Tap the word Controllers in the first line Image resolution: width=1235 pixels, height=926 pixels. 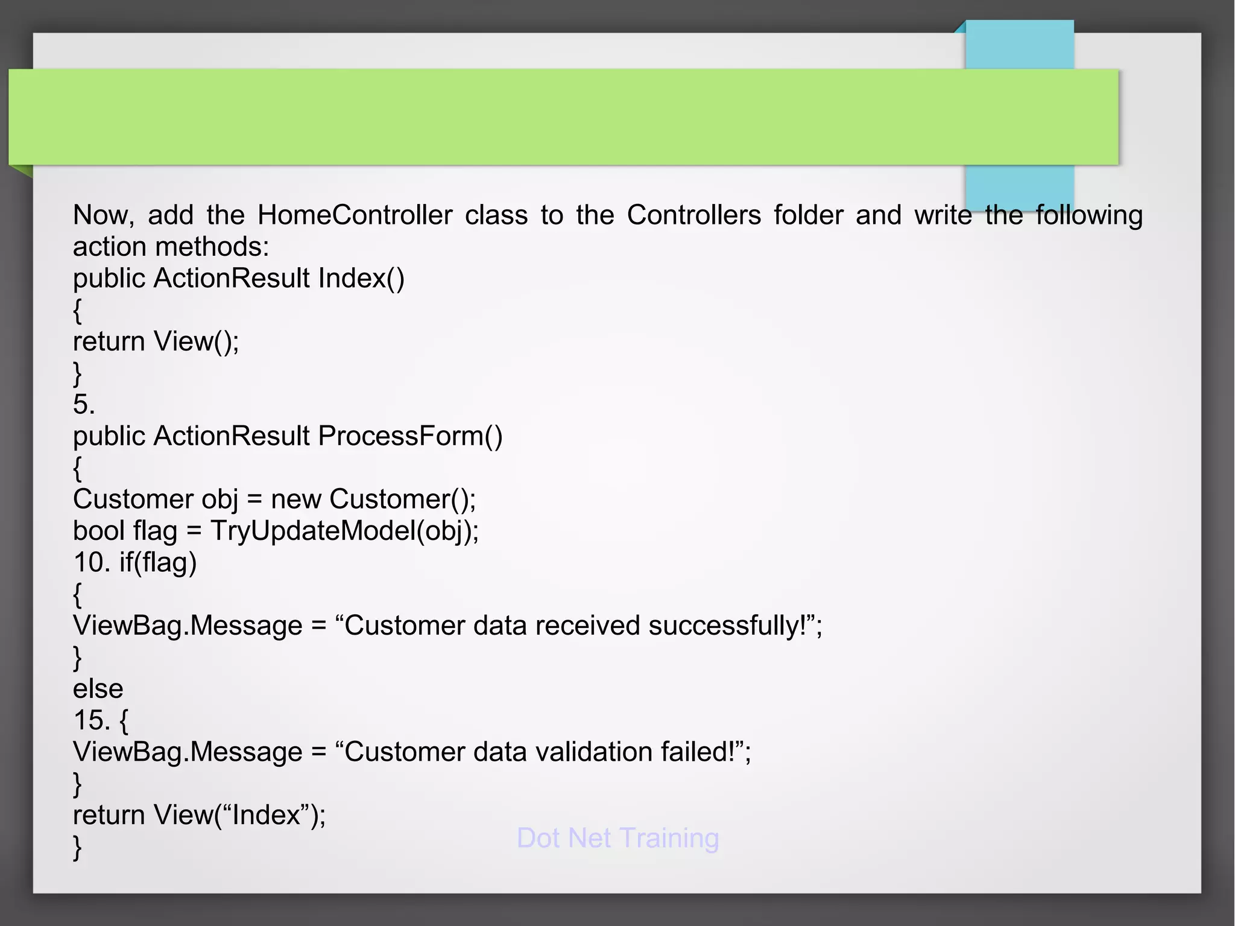coord(693,215)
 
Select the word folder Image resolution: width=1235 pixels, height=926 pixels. coord(808,215)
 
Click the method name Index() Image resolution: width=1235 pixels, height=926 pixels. coord(361,279)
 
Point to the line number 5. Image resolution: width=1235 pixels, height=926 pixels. coord(84,405)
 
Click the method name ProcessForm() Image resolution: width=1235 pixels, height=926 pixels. coord(410,436)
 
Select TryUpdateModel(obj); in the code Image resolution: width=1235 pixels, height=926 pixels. coord(344,531)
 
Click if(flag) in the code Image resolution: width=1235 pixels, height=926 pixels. coord(158,563)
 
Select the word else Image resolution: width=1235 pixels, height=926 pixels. coord(98,689)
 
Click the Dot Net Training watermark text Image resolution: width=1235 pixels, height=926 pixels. coord(617,838)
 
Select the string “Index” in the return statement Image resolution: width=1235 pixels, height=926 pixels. coord(266,816)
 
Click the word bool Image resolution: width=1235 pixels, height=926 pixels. coord(98,531)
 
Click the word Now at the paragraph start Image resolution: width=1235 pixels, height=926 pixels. coord(103,215)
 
